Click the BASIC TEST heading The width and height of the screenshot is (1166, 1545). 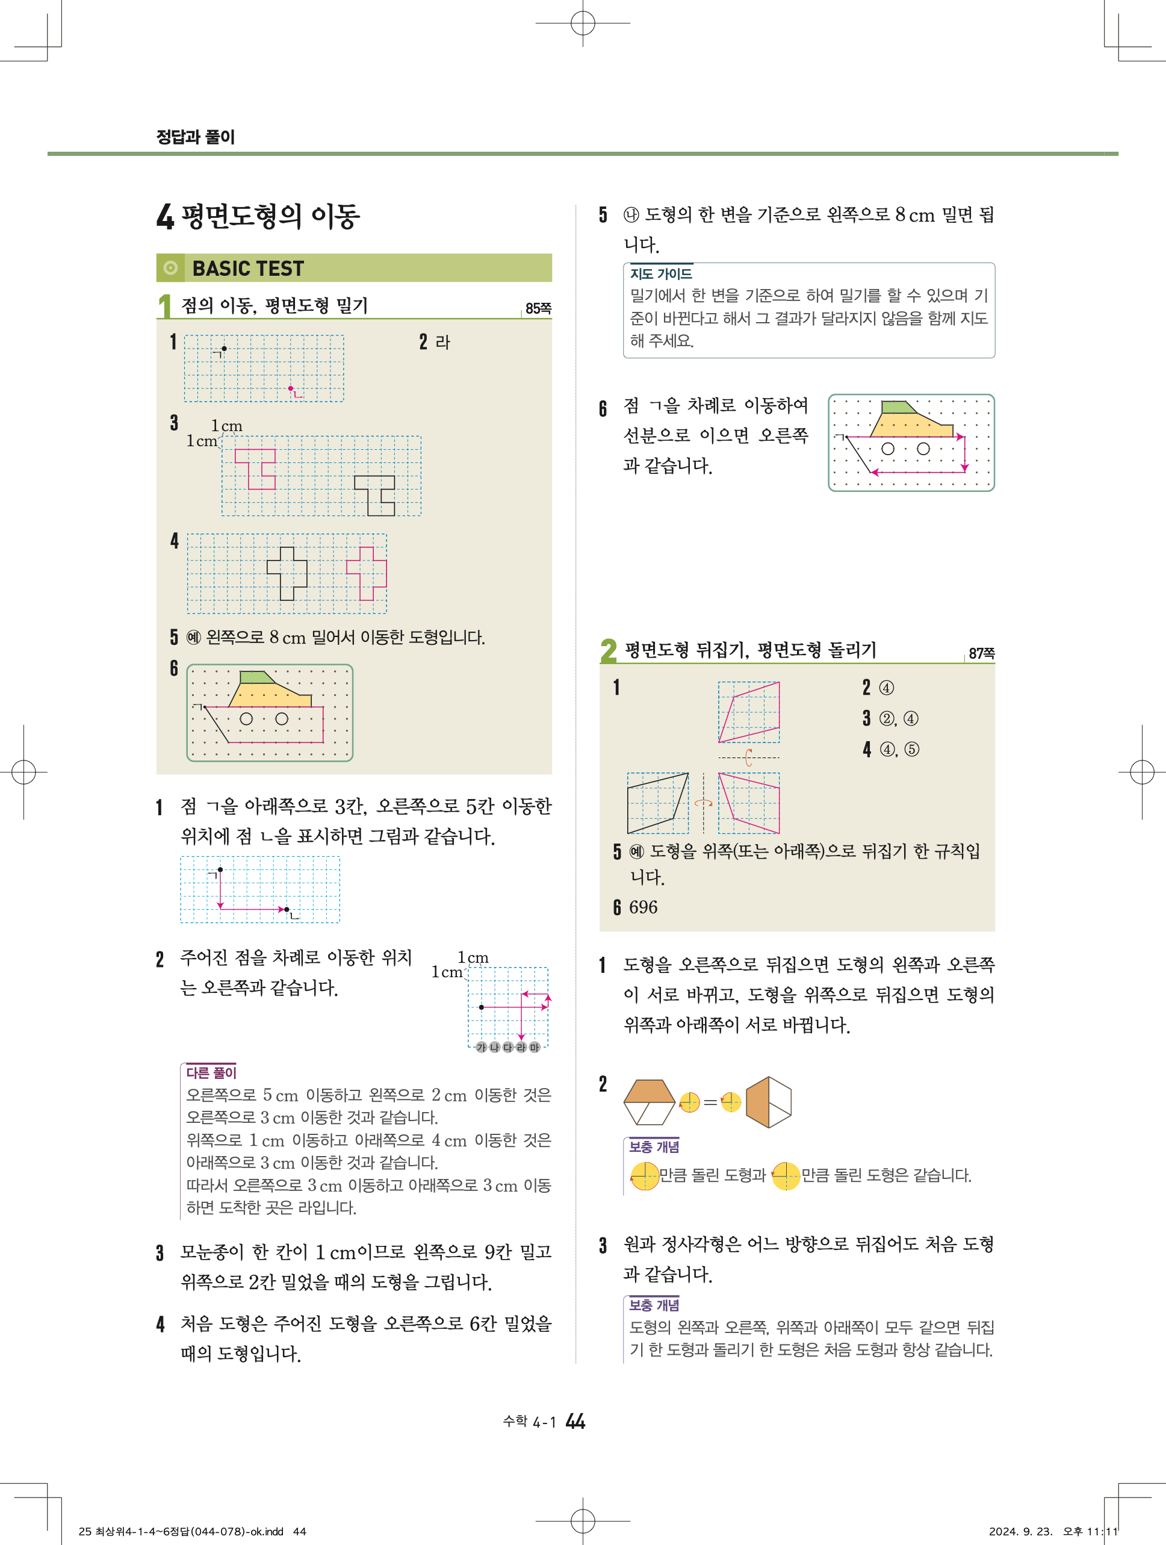pyautogui.click(x=248, y=268)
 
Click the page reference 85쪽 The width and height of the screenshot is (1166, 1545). pyautogui.click(x=538, y=309)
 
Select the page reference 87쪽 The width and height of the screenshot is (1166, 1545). pyautogui.click(x=982, y=653)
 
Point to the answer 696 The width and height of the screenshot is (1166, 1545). pyautogui.click(x=643, y=907)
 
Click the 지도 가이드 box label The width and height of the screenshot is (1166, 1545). pyautogui.click(x=661, y=274)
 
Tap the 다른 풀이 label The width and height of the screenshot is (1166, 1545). pyautogui.click(x=211, y=1072)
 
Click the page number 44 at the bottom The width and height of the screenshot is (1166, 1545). pyautogui.click(x=575, y=1422)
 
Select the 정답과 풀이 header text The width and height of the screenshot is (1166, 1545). pyautogui.click(x=196, y=137)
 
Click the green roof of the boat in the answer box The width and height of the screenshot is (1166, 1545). pyautogui.click(x=257, y=677)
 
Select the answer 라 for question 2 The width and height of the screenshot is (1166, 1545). pyautogui.click(x=442, y=342)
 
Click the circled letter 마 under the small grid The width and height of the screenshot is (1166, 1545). pyautogui.click(x=534, y=1047)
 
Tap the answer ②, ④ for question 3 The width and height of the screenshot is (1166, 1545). pyautogui.click(x=899, y=719)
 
